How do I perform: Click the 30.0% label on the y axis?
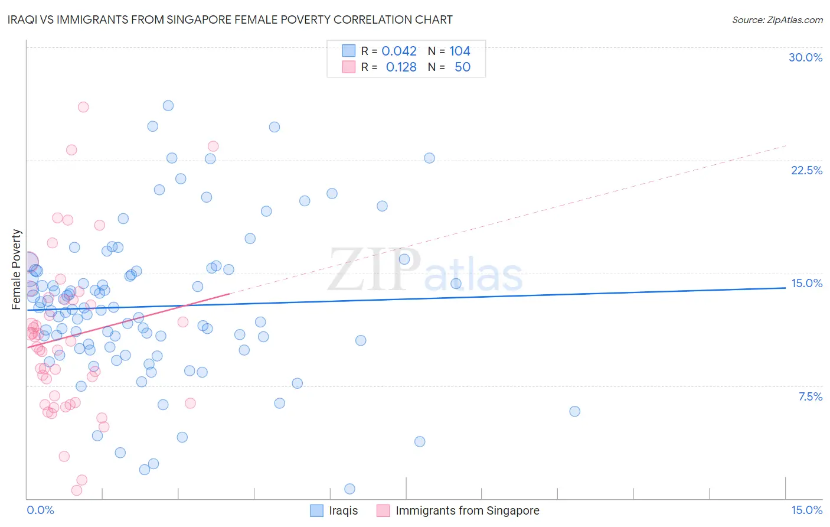point(805,57)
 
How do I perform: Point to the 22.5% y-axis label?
point(806,170)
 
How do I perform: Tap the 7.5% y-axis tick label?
point(810,396)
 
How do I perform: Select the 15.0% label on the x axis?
point(806,510)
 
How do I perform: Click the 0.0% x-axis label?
point(40,510)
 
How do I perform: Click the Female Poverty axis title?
point(17,269)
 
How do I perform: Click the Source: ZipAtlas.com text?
point(777,19)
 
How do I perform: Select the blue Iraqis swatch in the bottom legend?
point(317,510)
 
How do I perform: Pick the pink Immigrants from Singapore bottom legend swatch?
point(383,510)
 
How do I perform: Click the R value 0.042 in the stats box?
point(399,51)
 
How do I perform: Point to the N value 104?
point(460,51)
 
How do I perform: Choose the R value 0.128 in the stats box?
point(401,67)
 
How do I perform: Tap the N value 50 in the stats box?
point(462,67)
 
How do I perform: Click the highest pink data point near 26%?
point(83,107)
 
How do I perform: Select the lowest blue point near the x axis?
point(349,489)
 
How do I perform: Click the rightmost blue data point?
point(574,411)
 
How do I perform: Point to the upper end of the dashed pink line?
point(786,145)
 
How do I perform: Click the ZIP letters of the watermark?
point(374,269)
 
